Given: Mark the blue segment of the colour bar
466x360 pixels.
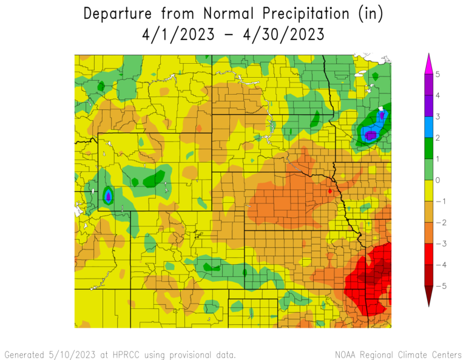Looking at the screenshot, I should (x=429, y=127).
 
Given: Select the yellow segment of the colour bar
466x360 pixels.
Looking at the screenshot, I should (x=429, y=191).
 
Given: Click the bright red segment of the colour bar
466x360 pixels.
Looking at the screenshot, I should (x=429, y=254).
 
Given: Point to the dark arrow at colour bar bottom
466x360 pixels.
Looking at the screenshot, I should (x=429, y=296).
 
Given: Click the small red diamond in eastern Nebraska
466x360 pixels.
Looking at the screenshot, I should (x=329, y=191).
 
